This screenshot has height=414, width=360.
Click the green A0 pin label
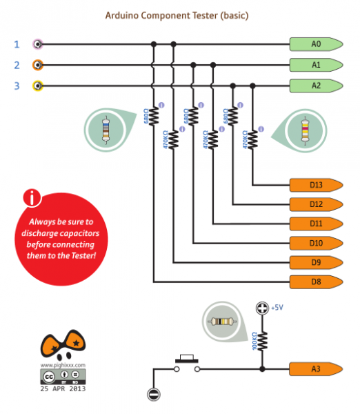(x=316, y=44)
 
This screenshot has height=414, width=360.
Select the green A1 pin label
(x=316, y=65)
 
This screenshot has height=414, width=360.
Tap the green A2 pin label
(x=316, y=86)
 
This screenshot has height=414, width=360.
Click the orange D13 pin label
(x=316, y=185)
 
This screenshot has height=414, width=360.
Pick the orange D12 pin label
(x=316, y=204)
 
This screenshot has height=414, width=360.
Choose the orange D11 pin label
(x=316, y=224)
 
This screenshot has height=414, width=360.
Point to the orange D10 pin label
(x=316, y=243)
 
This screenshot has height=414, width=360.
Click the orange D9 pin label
(x=316, y=262)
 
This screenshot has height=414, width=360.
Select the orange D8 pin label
(x=316, y=282)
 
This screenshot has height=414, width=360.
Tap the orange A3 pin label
(x=316, y=369)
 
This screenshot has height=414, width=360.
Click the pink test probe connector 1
(x=39, y=44)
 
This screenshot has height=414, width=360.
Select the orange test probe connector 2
(x=39, y=65)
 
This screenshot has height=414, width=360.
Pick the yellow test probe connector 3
(x=39, y=86)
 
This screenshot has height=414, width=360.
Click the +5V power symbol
(x=261, y=308)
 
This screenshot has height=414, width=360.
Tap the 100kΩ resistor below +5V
(x=262, y=340)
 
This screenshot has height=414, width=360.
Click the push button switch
(x=186, y=363)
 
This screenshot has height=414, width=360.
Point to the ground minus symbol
(x=152, y=395)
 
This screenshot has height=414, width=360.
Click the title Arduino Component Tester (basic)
(x=176, y=14)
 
